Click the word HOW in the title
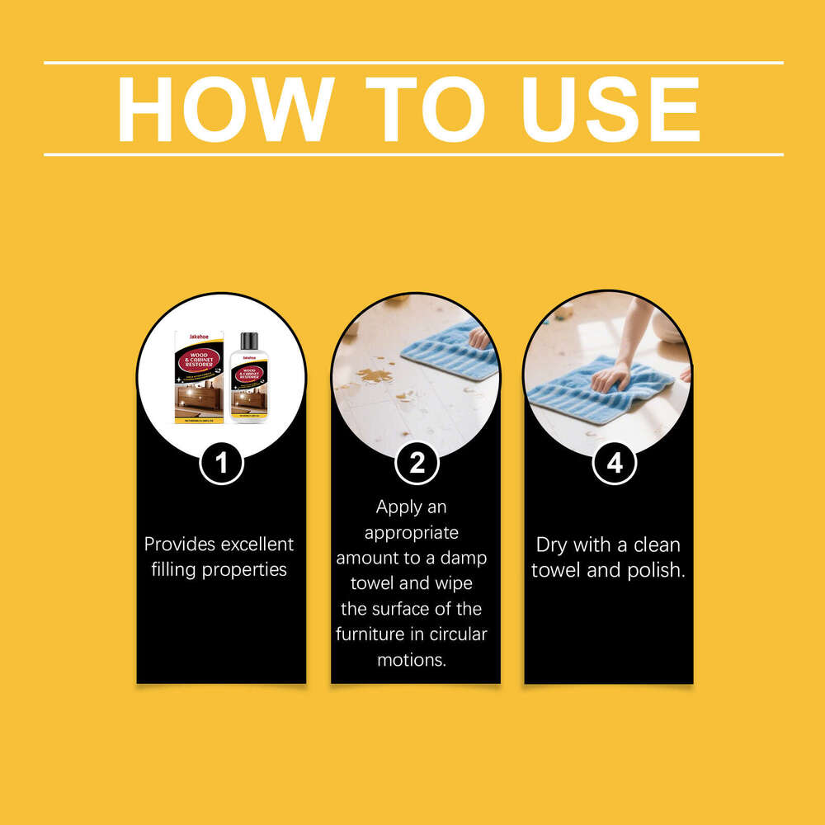coord(225,109)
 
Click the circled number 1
coord(221,463)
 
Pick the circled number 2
coord(417,463)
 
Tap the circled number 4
coord(615,463)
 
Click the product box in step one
coord(199,378)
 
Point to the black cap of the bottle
coord(248,341)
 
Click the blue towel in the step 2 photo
coord(450,351)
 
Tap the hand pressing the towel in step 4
coord(610,377)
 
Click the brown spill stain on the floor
coord(374,376)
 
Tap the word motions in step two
coord(411,660)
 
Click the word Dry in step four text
coord(551,544)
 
